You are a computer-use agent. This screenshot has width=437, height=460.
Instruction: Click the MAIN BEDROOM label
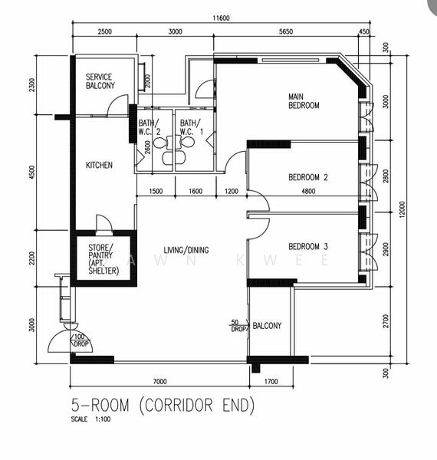click(304, 100)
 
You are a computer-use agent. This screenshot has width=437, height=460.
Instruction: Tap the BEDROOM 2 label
click(308, 178)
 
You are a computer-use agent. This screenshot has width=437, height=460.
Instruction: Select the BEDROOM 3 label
click(308, 246)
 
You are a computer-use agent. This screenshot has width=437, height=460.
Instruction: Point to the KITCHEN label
click(99, 165)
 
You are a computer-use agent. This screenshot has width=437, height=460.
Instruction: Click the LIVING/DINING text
click(186, 250)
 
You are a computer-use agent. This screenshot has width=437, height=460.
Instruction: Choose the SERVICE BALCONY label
click(100, 81)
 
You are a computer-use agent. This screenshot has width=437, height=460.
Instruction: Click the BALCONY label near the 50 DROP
click(267, 325)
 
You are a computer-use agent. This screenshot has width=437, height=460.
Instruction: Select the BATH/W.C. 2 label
click(149, 127)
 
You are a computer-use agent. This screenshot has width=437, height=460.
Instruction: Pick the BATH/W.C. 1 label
click(190, 127)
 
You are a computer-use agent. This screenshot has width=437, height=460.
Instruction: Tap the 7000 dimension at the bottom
click(159, 381)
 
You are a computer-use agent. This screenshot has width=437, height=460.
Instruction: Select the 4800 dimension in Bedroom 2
click(308, 192)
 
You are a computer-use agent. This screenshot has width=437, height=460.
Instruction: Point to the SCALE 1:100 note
click(90, 419)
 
